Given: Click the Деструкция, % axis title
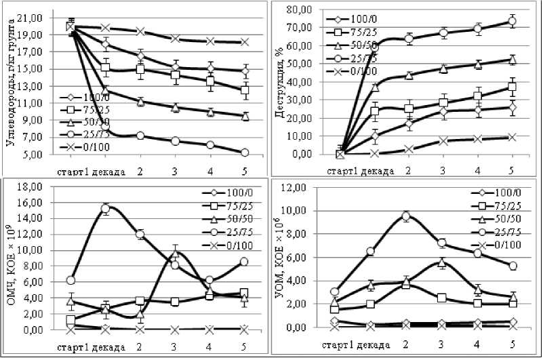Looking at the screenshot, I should [279, 81].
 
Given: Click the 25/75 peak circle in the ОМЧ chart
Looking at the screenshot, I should [106, 209].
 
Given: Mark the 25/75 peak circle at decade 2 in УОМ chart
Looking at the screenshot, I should [406, 216].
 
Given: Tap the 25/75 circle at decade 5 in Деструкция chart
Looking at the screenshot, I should [512, 22].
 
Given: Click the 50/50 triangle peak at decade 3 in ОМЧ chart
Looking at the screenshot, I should [175, 254].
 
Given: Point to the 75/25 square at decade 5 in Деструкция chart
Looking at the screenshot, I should [512, 87].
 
